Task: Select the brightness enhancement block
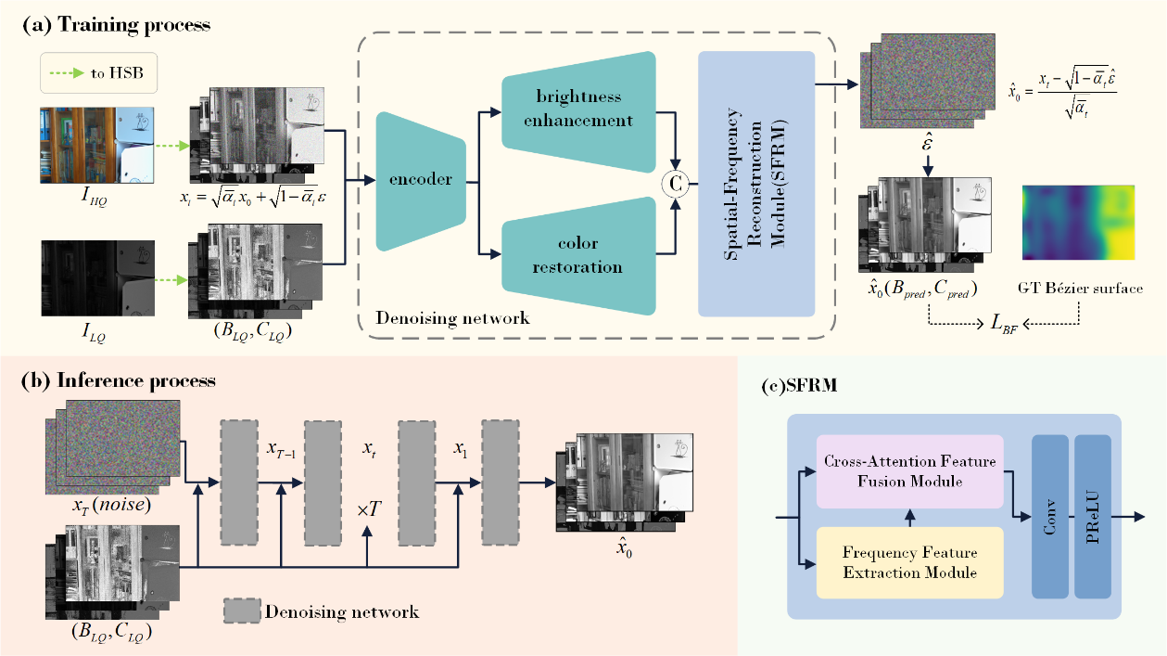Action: [578, 109]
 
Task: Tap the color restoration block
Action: [578, 254]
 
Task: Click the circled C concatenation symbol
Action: [675, 183]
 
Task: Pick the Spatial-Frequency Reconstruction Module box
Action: [757, 182]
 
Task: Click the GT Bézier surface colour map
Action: [1078, 223]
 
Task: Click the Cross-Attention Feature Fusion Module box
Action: [910, 469]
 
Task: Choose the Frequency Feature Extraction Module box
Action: [910, 562]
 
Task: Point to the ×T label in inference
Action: [368, 510]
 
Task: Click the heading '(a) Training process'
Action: [117, 25]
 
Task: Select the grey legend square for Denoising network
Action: [240, 611]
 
